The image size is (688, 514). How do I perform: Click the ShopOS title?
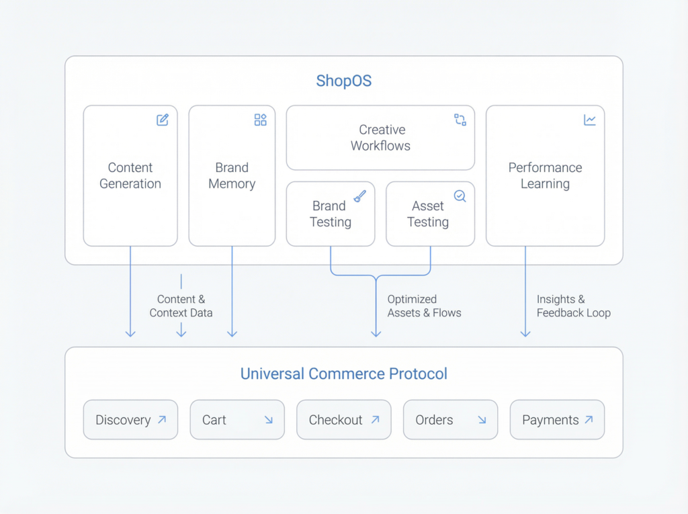343,81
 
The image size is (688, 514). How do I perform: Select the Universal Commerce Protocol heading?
343,374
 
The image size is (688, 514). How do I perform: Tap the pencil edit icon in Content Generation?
163,120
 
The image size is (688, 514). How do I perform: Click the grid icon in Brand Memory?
260,120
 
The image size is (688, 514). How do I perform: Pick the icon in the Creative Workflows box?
460,120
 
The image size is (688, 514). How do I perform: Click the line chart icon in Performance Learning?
589,120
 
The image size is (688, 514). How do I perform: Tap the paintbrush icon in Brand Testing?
360,196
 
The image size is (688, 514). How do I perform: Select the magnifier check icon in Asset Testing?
460,196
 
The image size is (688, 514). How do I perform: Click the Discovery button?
130,420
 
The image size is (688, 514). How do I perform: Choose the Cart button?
236,420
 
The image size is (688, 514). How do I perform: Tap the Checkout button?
343,420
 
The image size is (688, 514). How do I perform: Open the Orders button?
450,420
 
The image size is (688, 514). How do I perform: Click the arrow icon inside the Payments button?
589,419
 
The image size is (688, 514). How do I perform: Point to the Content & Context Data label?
181,306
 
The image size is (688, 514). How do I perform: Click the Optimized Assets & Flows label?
424,306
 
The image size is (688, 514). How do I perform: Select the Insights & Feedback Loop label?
573,306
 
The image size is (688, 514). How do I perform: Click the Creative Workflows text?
380,138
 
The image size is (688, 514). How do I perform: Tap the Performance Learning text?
545,175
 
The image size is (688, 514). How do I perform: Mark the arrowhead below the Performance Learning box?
525,333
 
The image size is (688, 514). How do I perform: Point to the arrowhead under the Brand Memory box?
232,333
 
